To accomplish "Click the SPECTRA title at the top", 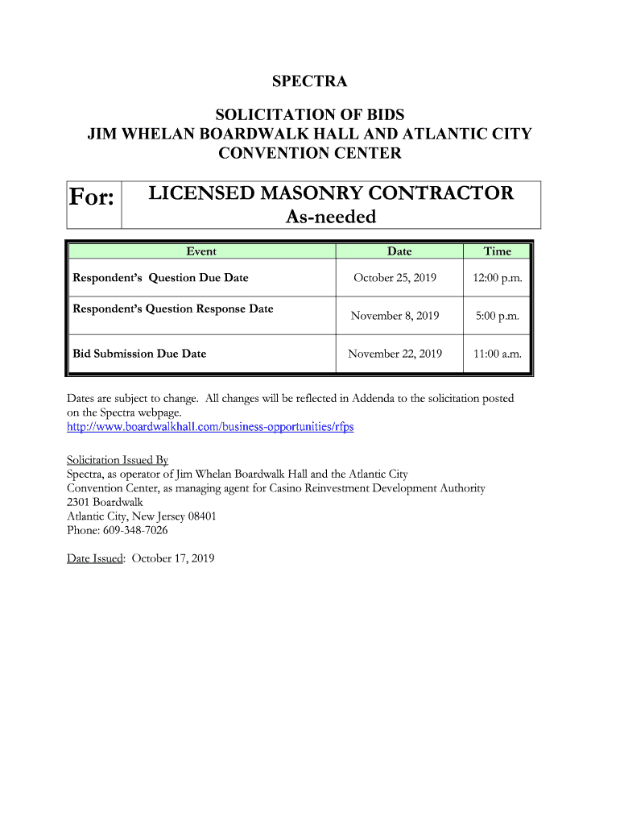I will click(309, 81).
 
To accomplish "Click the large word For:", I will click(91, 197).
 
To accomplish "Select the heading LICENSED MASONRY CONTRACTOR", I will click(331, 193).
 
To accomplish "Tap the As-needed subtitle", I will click(331, 217).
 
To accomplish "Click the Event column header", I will click(201, 251).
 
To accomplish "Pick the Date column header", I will click(399, 251).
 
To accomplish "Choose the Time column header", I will click(497, 251).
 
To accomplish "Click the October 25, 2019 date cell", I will click(395, 278).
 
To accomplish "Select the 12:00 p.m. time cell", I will click(497, 278).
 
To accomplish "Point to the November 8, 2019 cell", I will click(395, 316).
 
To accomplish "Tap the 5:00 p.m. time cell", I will click(497, 316).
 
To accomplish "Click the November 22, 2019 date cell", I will click(395, 354).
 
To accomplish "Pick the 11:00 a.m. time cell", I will click(497, 354).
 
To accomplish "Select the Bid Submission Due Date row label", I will click(139, 354).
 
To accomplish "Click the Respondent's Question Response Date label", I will click(173, 309).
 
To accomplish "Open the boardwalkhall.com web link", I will click(209, 426).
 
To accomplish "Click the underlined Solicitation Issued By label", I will click(117, 460).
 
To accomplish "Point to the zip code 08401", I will click(201, 516).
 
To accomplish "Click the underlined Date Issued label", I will click(94, 558).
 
